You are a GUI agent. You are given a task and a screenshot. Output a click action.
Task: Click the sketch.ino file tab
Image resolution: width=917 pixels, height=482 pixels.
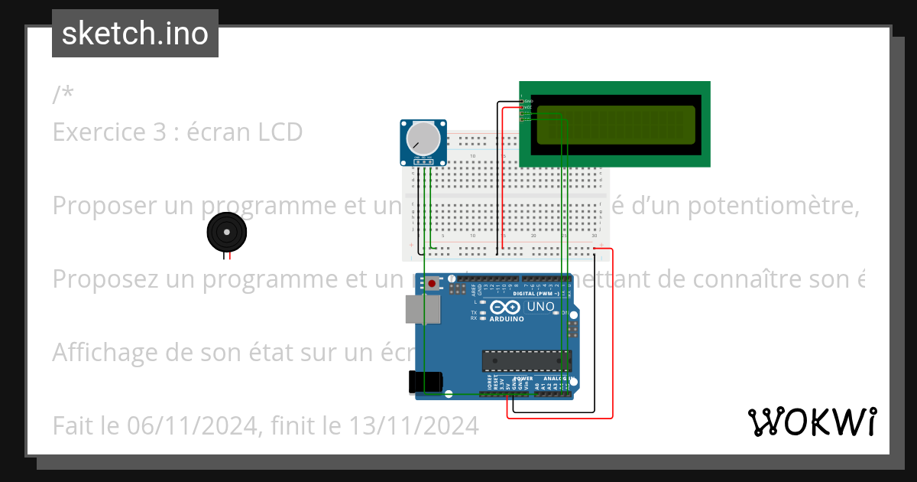pos(135,34)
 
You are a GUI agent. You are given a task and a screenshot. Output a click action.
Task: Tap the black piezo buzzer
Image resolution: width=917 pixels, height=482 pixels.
pos(226,231)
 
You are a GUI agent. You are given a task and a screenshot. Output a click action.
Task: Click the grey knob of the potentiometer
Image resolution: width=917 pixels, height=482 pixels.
pos(423,138)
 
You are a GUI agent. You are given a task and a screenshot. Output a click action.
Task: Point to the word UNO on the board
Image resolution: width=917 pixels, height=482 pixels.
pos(542,306)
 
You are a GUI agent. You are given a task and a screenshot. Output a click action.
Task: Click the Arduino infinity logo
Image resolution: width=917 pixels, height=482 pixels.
pos(510,307)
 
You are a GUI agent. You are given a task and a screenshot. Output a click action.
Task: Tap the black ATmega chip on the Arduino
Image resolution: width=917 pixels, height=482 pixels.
pos(527,361)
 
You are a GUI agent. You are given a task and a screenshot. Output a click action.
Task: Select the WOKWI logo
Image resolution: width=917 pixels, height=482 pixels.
pos(812,422)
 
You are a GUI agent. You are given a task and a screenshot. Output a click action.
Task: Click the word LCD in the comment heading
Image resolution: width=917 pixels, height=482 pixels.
pos(278,132)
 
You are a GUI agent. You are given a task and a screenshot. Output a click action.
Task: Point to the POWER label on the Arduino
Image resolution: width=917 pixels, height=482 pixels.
pos(523,378)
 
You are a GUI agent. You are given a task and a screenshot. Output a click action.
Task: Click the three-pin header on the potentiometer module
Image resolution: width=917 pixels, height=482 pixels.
pos(422,161)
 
